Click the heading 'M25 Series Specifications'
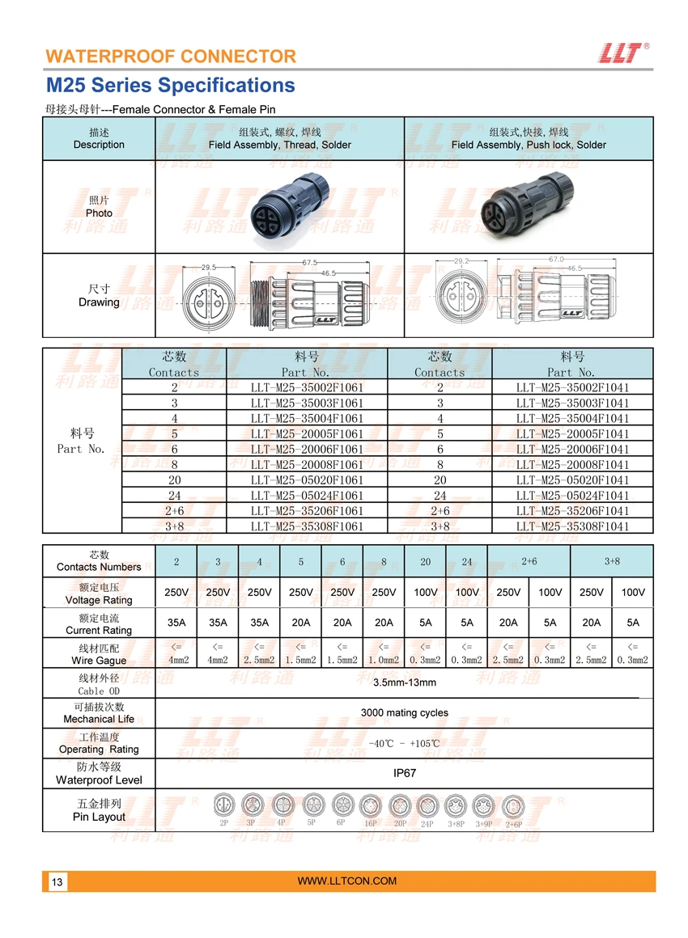pos(170,86)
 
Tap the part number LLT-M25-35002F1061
pos(307,387)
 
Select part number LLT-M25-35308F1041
pos(572,526)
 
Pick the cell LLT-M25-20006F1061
pos(307,450)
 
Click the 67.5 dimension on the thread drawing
pos(309,263)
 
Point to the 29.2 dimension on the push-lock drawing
pos(461,262)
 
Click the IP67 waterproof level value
pos(405,773)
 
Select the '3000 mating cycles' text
pos(405,713)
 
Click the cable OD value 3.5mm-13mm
pos(405,682)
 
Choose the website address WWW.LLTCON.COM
pos(347,881)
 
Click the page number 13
pos(57,882)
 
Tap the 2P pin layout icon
pos(223,805)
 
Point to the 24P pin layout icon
pos(427,806)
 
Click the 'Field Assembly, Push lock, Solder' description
pos(529,145)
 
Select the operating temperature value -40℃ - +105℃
pos(405,743)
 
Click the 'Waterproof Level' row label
pos(99,780)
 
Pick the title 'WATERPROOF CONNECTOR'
pos(171,57)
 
